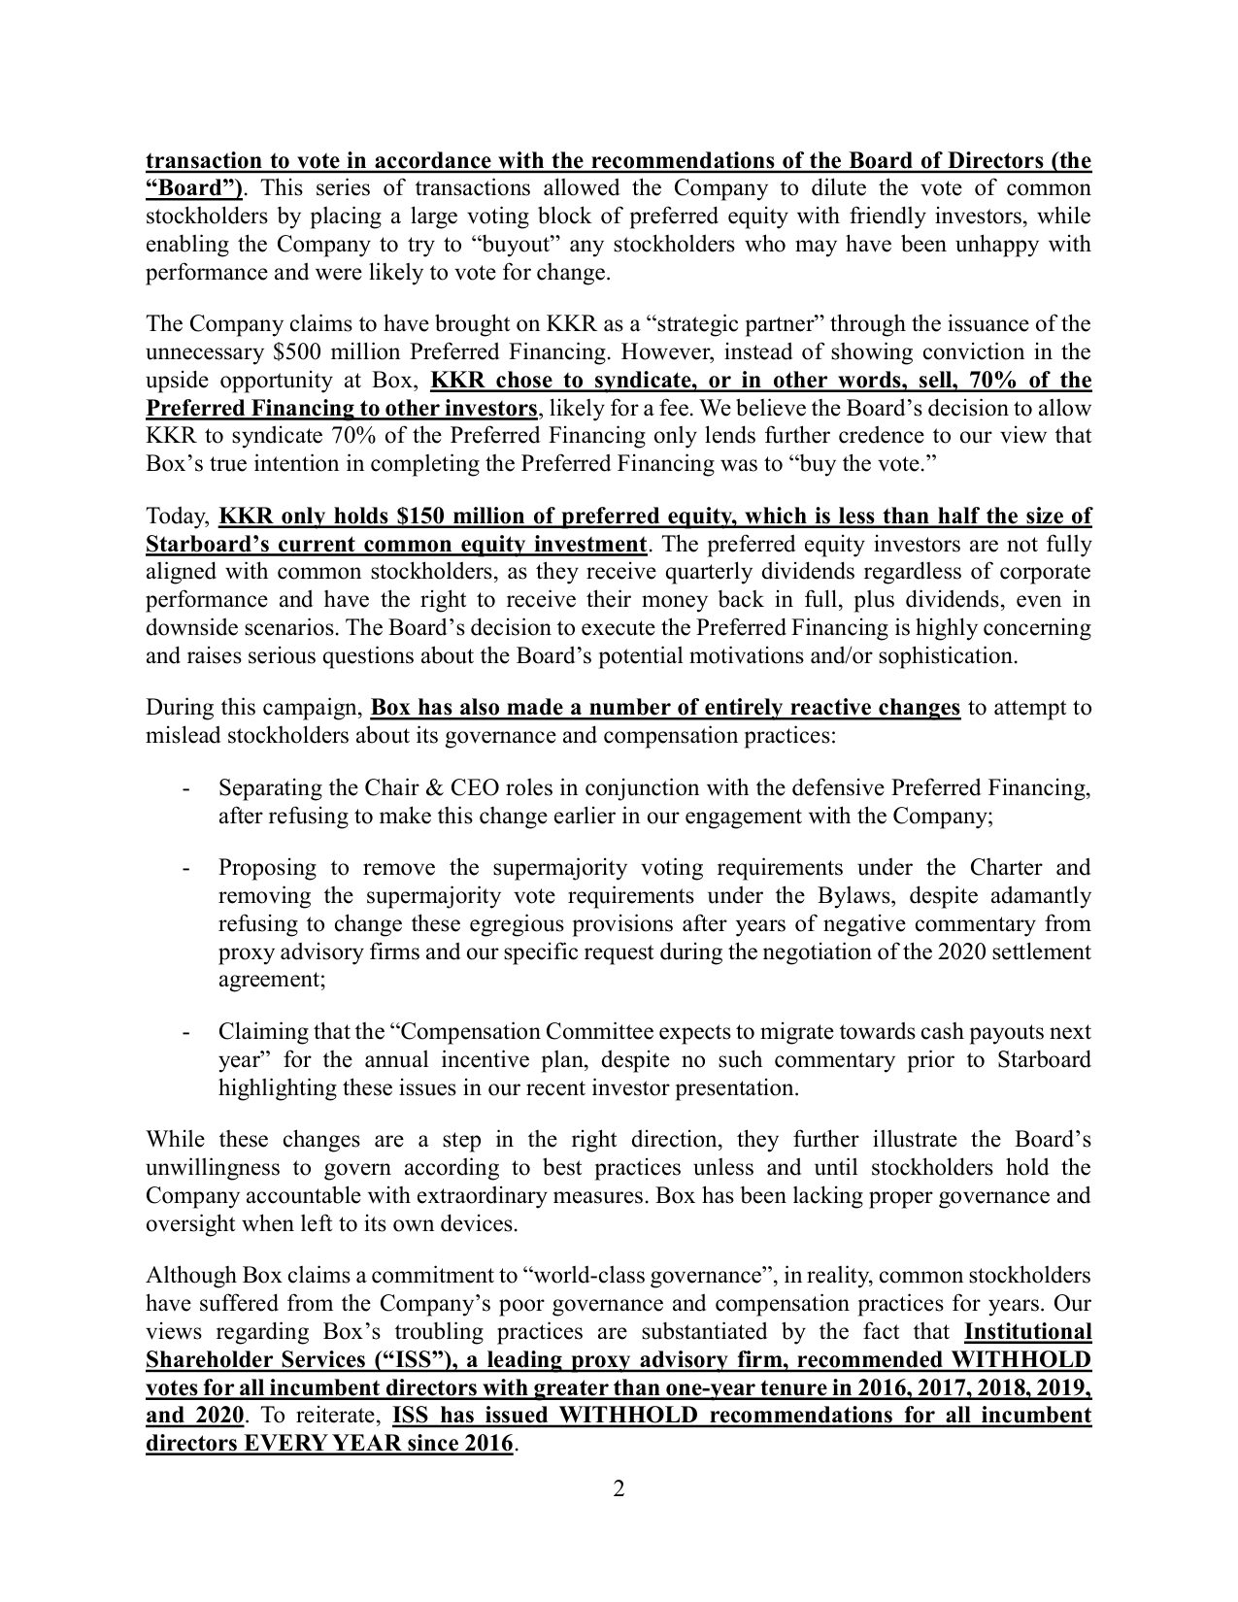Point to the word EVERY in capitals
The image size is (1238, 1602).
pyautogui.click(x=284, y=1443)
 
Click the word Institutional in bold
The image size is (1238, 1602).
pyautogui.click(x=1028, y=1331)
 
